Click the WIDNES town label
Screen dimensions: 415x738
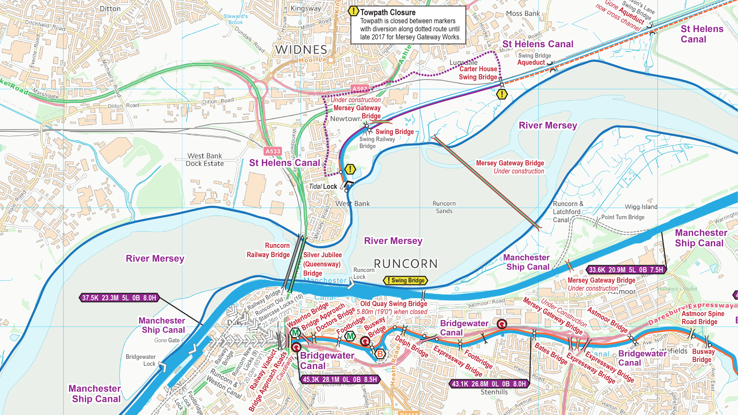301,50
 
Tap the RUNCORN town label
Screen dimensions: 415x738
406,264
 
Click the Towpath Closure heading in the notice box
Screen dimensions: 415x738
387,12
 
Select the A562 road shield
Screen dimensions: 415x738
360,89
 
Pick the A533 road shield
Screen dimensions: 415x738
273,151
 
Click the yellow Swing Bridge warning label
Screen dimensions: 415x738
406,281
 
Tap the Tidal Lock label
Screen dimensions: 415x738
323,186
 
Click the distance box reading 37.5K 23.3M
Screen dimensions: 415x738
119,298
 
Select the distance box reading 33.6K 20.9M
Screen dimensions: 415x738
626,270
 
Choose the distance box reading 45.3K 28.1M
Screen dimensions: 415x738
340,380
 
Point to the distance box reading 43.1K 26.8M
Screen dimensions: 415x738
489,384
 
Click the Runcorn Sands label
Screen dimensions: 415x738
444,207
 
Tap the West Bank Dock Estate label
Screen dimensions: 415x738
205,159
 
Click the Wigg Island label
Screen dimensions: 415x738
641,207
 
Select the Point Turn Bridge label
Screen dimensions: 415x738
623,217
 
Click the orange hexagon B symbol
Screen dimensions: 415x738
380,354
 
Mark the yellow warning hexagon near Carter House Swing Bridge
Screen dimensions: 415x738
502,94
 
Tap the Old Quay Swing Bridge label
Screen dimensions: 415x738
393,304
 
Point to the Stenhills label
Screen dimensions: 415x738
494,392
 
